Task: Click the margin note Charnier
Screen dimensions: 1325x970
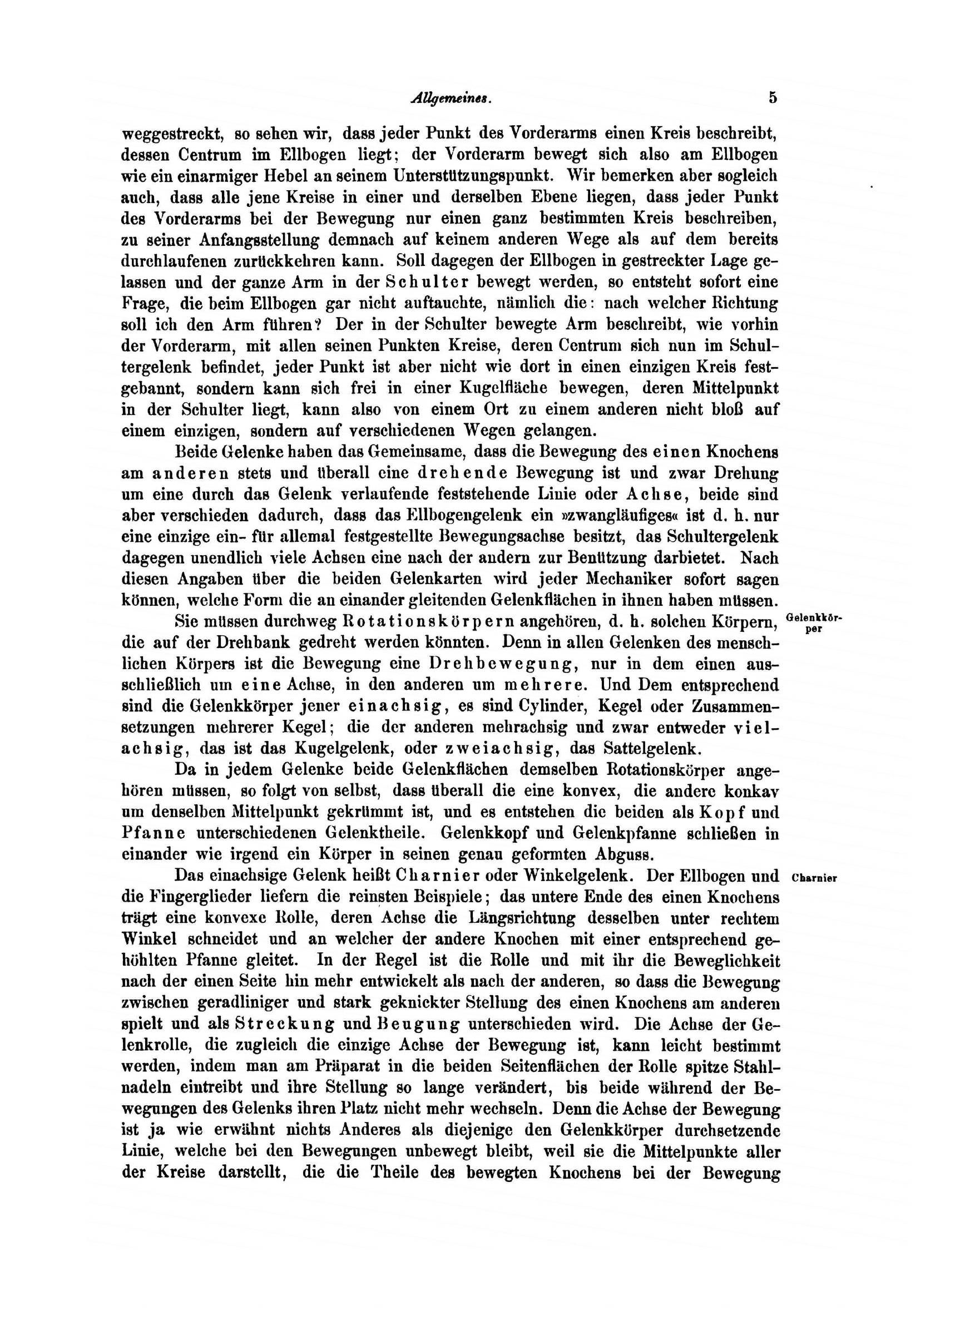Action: [x=813, y=879]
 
